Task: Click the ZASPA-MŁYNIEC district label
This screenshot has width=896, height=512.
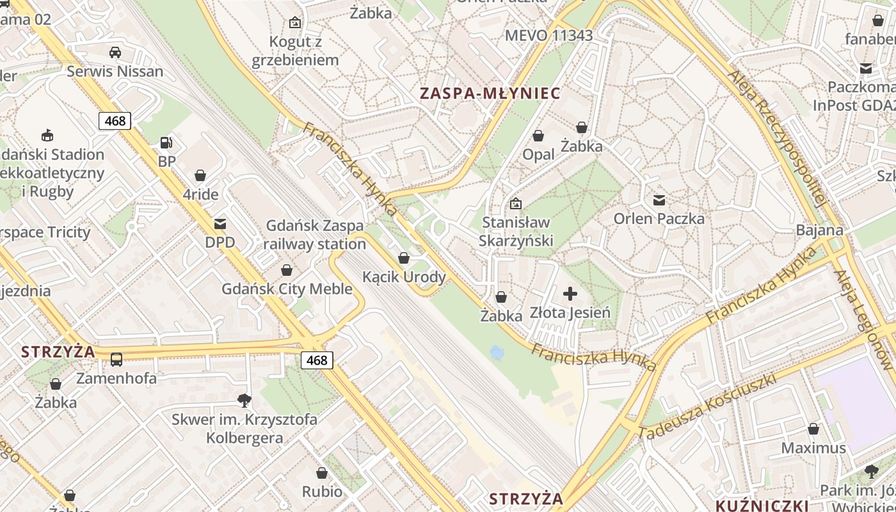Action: pyautogui.click(x=490, y=93)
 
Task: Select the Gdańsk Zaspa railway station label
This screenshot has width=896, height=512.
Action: pyautogui.click(x=314, y=235)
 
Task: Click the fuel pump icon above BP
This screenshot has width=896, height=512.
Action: pyautogui.click(x=166, y=143)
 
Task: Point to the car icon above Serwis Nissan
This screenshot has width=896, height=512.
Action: pyautogui.click(x=115, y=52)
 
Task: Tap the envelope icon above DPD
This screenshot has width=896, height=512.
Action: pyautogui.click(x=220, y=224)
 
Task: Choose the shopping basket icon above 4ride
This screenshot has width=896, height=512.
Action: pyautogui.click(x=200, y=175)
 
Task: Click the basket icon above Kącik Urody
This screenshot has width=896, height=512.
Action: pyautogui.click(x=404, y=258)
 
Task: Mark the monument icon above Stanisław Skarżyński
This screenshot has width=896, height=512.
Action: pyautogui.click(x=516, y=204)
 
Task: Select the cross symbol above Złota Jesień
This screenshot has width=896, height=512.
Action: pyautogui.click(x=570, y=294)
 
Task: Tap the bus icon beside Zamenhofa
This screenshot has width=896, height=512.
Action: pyautogui.click(x=116, y=360)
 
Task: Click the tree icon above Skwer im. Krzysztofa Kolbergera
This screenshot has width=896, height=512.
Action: pyautogui.click(x=244, y=401)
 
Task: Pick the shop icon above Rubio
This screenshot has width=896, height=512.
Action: pyautogui.click(x=322, y=473)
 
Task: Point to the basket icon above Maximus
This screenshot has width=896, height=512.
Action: pyautogui.click(x=813, y=429)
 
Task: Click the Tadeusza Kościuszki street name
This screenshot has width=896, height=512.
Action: pyautogui.click(x=707, y=406)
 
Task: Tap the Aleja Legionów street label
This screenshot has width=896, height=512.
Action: pyautogui.click(x=863, y=320)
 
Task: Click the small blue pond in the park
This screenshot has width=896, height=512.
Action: pyautogui.click(x=496, y=352)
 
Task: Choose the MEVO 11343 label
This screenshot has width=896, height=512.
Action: pyautogui.click(x=548, y=35)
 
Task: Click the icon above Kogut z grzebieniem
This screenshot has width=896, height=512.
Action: pyautogui.click(x=295, y=22)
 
